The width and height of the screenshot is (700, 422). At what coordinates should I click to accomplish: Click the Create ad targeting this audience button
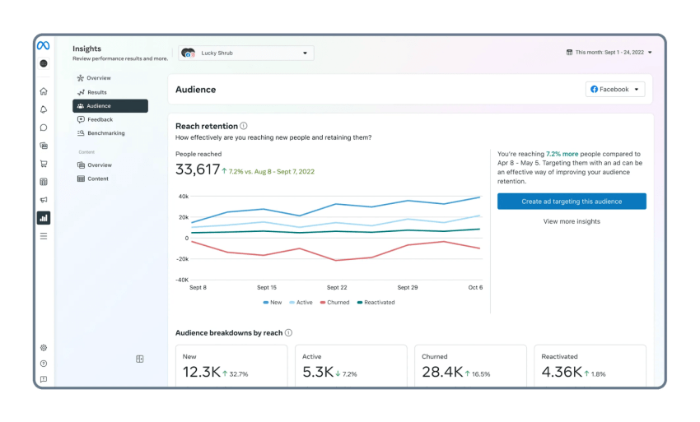pyautogui.click(x=572, y=202)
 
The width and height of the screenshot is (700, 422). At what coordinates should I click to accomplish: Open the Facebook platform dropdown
pyautogui.click(x=615, y=89)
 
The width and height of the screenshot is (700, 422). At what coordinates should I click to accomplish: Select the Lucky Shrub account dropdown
pyautogui.click(x=245, y=53)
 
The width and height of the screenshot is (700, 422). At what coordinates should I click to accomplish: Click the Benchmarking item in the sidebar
pyautogui.click(x=105, y=133)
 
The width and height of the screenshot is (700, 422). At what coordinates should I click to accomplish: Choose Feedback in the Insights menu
pyautogui.click(x=100, y=119)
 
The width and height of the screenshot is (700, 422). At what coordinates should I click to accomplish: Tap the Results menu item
pyautogui.click(x=96, y=92)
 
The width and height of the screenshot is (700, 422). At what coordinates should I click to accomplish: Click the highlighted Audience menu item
pyautogui.click(x=99, y=106)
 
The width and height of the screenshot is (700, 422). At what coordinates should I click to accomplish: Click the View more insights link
pyautogui.click(x=572, y=221)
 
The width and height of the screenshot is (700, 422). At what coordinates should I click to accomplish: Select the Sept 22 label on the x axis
pyautogui.click(x=337, y=288)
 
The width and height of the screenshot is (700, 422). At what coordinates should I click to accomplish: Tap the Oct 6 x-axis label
pyautogui.click(x=475, y=288)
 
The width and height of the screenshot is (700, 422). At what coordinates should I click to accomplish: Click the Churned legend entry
pyautogui.click(x=335, y=303)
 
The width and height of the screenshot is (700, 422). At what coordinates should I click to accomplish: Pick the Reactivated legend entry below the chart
pyautogui.click(x=376, y=303)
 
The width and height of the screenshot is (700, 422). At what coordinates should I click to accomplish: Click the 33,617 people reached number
pyautogui.click(x=198, y=170)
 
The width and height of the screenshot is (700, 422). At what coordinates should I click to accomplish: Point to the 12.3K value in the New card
pyautogui.click(x=201, y=373)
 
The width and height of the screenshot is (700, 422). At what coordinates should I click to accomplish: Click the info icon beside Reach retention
pyautogui.click(x=244, y=126)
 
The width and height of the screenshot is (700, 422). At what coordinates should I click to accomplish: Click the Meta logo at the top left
pyautogui.click(x=43, y=46)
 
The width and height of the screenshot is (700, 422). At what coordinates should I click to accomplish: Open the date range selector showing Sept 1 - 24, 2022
pyautogui.click(x=609, y=53)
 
